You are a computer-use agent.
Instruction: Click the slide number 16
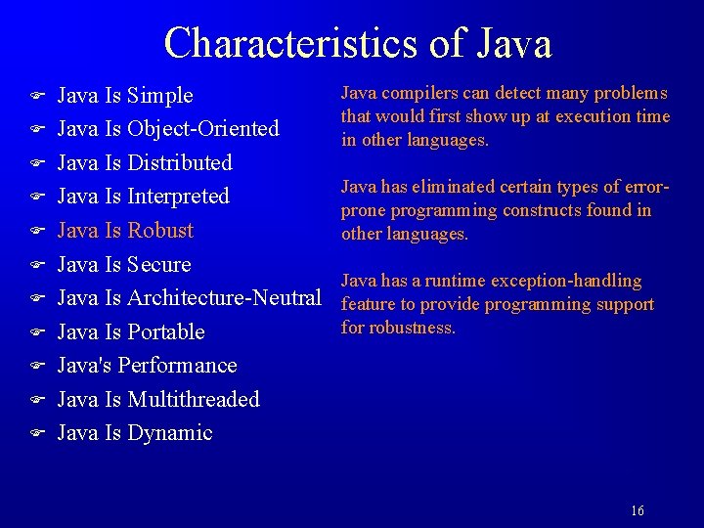click(638, 510)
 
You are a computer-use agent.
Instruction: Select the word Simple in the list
click(160, 96)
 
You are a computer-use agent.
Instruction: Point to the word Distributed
click(180, 162)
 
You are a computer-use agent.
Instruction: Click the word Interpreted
click(179, 197)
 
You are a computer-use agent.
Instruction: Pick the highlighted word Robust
click(160, 231)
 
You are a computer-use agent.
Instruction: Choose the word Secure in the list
click(159, 264)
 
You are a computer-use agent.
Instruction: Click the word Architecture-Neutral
click(224, 298)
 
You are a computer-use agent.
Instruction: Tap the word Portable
click(166, 331)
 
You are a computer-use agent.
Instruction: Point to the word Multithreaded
click(194, 399)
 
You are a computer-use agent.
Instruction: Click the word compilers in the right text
click(412, 94)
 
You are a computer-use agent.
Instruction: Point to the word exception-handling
click(566, 282)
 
